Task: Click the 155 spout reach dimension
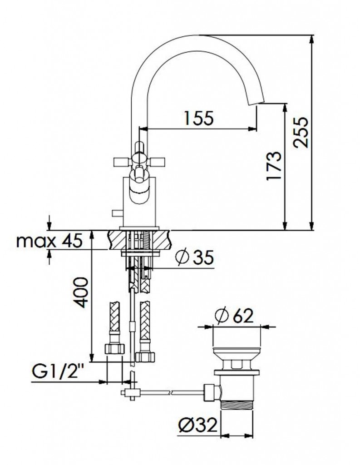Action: point(198,118)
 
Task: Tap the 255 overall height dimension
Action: point(300,132)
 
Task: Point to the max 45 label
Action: point(49,241)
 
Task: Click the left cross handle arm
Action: point(122,162)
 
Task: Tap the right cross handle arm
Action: point(155,162)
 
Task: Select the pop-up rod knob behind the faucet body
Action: point(117,213)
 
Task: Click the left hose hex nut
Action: point(115,348)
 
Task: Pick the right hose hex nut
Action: point(145,356)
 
